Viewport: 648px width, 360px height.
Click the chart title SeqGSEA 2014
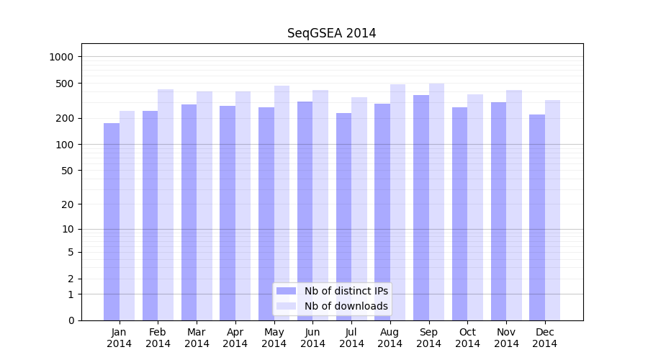tap(331, 33)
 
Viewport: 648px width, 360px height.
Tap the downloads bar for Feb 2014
tap(166, 204)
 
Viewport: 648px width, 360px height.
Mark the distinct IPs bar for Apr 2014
tap(228, 213)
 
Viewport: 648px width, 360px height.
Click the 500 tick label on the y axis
tap(66, 84)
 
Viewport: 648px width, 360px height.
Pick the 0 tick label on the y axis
tap(71, 320)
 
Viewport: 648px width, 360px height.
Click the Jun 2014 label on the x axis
tap(312, 338)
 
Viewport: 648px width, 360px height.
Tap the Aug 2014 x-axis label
tap(390, 338)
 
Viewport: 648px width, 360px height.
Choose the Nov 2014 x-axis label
tap(506, 338)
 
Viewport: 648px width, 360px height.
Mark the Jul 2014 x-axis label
tap(351, 338)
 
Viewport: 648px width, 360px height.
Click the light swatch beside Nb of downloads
tap(287, 306)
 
